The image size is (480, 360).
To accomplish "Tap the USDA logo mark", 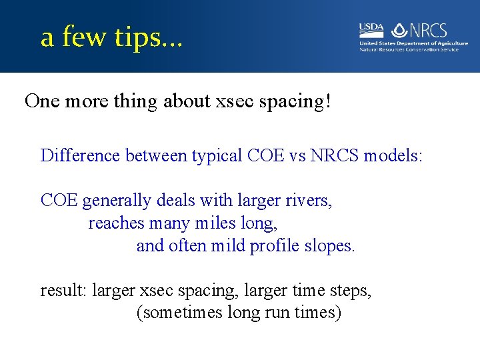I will click(371, 29).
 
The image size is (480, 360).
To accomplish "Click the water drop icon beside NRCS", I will click(399, 30).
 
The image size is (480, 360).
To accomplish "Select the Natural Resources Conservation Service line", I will click(409, 49).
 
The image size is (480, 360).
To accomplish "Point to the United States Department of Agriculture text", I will click(413, 43).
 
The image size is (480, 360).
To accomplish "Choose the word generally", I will click(117, 200).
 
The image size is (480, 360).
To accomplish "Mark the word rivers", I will click(308, 200).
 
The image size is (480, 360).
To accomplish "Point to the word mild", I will click(229, 245).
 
